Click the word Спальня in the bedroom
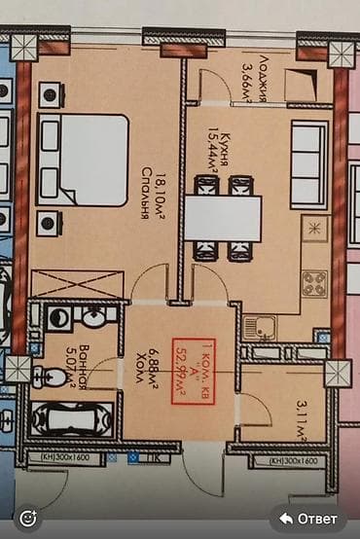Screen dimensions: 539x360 click(x=144, y=199)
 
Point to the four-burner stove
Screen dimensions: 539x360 click(x=314, y=283)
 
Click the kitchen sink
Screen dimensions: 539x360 click(x=259, y=328)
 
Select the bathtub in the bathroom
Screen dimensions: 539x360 click(x=64, y=419)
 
